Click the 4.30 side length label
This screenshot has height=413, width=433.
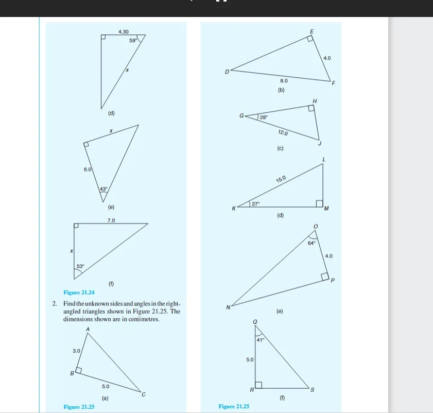point(124,32)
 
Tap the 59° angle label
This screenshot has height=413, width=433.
point(132,40)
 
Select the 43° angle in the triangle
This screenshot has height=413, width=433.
point(103,189)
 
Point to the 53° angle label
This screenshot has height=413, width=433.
point(80,266)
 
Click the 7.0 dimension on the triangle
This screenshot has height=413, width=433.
point(111,220)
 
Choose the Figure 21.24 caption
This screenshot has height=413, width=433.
point(75,292)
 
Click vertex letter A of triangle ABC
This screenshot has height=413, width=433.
point(88,329)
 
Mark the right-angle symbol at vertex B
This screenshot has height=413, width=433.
point(79,370)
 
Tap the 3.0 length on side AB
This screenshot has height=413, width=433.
point(76,350)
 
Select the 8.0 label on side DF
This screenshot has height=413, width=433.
point(284,81)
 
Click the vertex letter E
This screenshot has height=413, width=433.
point(311,32)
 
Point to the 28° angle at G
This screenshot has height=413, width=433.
point(263,117)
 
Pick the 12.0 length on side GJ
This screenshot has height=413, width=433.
point(283,133)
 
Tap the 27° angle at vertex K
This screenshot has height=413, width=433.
point(255,204)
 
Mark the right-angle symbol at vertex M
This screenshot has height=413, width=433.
point(319,203)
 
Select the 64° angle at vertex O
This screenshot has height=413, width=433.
point(311,242)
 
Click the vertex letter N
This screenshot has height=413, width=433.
point(228,307)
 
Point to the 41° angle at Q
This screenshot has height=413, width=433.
point(260,340)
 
